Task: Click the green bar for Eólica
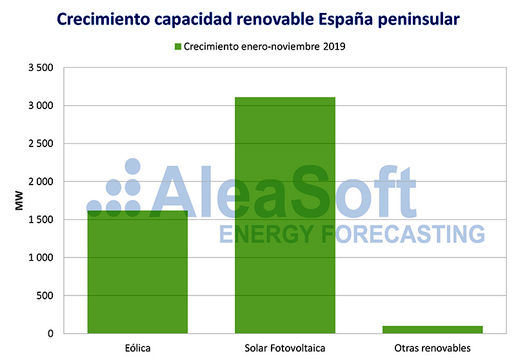point(137,272)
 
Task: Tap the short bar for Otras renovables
point(432,330)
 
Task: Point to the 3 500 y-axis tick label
point(41,68)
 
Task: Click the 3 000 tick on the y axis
point(41,106)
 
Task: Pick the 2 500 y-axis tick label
point(41,144)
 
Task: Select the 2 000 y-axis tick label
point(41,182)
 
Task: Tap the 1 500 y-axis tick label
point(41,220)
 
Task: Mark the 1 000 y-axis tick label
point(41,258)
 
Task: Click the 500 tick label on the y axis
point(45,296)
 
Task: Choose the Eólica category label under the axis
point(137,348)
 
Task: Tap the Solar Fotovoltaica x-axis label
point(284,348)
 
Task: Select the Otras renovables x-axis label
point(432,348)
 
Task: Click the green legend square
point(178,46)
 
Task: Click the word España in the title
point(351,19)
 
